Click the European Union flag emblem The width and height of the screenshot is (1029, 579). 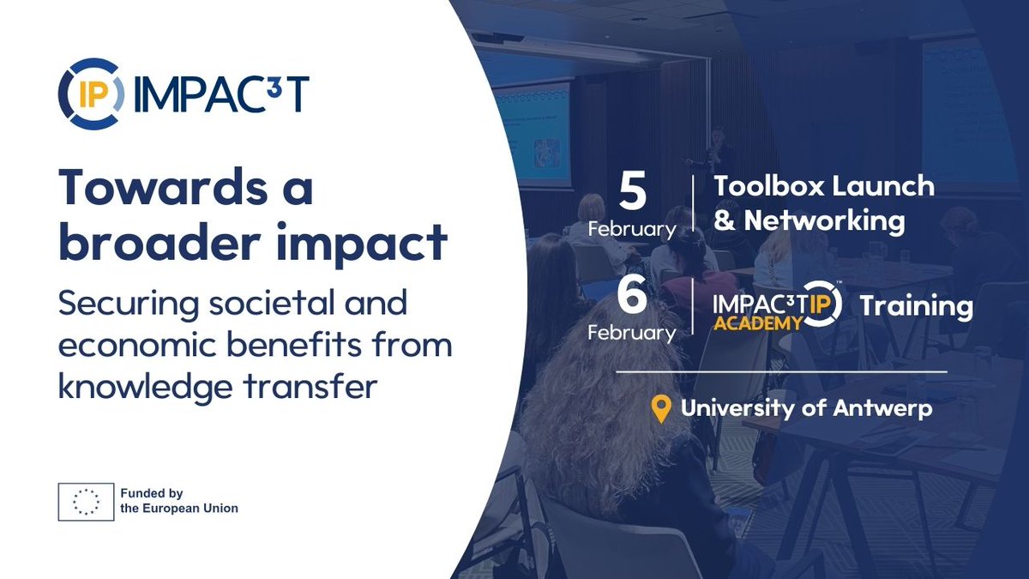(86, 501)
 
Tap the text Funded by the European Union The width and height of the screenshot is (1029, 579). (178, 501)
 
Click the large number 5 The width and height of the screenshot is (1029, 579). (633, 193)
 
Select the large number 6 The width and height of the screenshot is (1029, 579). (633, 297)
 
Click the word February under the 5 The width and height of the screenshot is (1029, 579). (633, 229)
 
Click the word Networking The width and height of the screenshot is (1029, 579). (824, 220)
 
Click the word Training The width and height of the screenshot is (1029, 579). (916, 306)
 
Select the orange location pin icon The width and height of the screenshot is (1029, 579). (660, 408)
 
